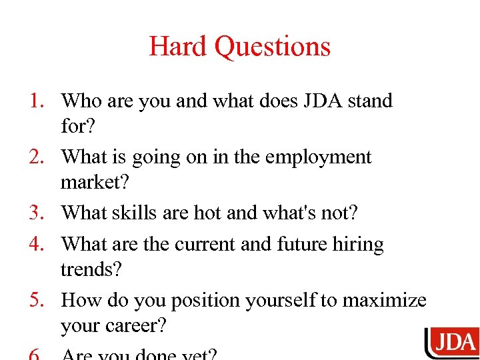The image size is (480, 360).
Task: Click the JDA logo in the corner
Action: pos(451,344)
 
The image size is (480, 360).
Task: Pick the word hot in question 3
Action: pos(207,213)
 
